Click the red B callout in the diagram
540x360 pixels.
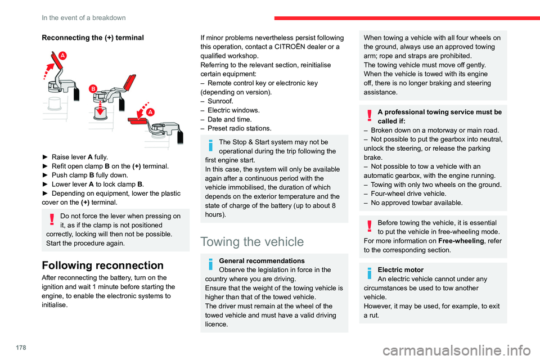(93, 88)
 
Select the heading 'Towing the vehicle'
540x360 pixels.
(252, 242)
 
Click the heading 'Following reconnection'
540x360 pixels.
(102, 265)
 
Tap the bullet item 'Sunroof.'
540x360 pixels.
(220, 101)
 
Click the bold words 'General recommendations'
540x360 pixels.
(263, 261)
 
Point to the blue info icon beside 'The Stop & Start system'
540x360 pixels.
(210, 146)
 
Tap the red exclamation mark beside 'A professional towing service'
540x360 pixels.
(369, 115)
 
